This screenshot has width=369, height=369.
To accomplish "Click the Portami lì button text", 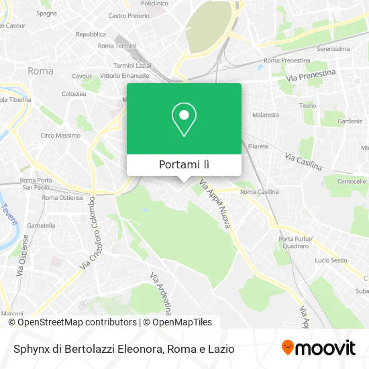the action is (x=184, y=165).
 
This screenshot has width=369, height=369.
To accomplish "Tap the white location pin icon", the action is (x=184, y=119).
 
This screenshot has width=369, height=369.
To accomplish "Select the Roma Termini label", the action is (x=117, y=46).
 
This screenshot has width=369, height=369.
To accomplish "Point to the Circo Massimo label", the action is (x=60, y=136).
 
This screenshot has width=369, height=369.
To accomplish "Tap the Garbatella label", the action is (x=42, y=226).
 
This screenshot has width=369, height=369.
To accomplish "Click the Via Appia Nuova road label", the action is (x=215, y=205).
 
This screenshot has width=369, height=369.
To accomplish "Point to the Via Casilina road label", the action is (x=303, y=161).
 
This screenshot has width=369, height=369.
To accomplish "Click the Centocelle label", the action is (x=351, y=181).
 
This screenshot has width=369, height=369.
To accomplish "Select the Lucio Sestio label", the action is (x=331, y=260).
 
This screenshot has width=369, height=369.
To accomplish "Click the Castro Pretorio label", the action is (x=128, y=15).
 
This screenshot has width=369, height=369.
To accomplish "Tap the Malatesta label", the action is (x=265, y=115).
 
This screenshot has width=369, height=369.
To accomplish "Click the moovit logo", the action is (x=318, y=348).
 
